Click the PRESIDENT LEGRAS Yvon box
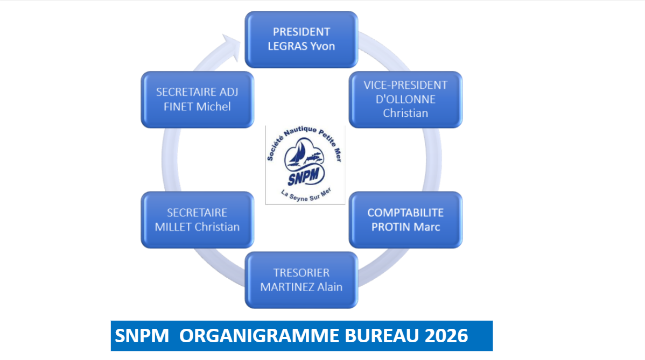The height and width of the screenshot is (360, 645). point(301,39)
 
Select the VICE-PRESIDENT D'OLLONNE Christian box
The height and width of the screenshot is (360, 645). point(405,100)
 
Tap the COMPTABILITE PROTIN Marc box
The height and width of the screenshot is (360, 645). point(405,220)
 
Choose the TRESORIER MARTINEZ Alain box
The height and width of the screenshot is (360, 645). point(301,280)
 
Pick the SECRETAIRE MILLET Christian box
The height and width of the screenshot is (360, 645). point(198,220)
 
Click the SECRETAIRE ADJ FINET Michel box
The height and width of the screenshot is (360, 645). point(198,100)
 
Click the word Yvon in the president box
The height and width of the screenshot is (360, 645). point(322,46)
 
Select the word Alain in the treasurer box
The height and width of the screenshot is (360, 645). point(329,287)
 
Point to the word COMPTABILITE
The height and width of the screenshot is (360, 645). point(405,213)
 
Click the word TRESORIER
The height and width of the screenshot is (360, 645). point(302,272)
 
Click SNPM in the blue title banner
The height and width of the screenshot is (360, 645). point(142,336)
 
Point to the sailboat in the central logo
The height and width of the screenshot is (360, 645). point(298,153)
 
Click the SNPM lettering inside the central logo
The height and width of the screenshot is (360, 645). point(304,177)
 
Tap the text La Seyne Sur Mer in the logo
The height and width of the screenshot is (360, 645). point(306,195)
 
